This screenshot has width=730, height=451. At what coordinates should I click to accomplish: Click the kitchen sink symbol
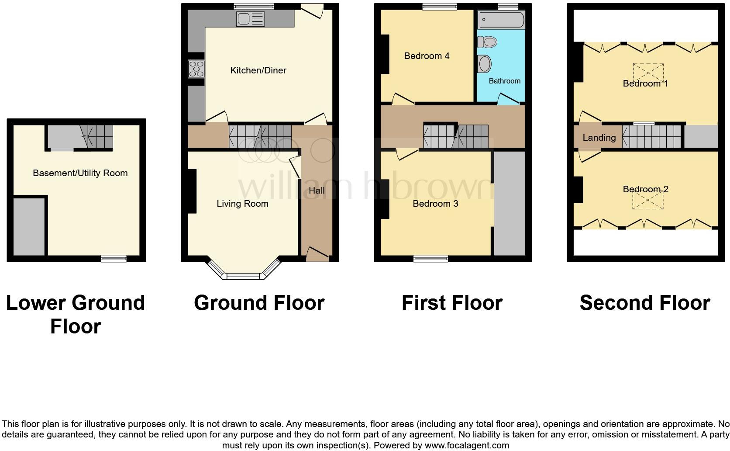[x=250, y=19]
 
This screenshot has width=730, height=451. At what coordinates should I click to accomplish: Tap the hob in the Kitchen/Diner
[x=196, y=69]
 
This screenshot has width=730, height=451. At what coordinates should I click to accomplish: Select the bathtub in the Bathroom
[x=501, y=20]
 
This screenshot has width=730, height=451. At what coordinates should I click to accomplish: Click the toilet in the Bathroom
[x=488, y=42]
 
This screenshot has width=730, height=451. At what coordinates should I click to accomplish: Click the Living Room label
[x=242, y=204]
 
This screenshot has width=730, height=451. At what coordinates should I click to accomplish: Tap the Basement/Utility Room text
[x=80, y=173]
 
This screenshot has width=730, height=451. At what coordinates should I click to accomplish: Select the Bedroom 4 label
[x=427, y=56]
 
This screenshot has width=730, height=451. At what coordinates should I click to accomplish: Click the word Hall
[x=317, y=191]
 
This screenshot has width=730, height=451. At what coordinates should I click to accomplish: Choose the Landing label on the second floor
[x=599, y=138]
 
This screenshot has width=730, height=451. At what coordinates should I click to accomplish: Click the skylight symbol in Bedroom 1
[x=648, y=73]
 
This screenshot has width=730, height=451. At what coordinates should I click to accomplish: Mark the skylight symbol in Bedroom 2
[x=648, y=200]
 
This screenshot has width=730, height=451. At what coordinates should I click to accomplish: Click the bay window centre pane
[x=243, y=276]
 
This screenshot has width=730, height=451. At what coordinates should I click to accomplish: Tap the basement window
[x=114, y=259]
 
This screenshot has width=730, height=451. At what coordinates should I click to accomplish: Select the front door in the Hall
[x=317, y=253]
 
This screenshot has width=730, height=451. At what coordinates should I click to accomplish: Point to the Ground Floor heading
[x=259, y=303]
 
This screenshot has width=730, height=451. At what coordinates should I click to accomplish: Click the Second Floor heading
[x=644, y=303]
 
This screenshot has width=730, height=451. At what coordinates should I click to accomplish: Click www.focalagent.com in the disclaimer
[x=467, y=446]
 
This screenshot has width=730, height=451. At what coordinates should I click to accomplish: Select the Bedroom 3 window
[x=431, y=259]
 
